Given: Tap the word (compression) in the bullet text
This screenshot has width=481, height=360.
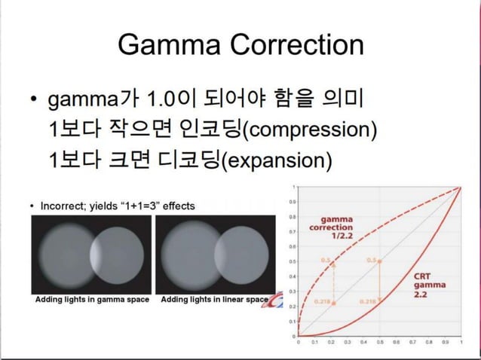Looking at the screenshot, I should tap(311, 130).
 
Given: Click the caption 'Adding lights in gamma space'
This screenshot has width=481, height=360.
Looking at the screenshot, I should tap(92, 299).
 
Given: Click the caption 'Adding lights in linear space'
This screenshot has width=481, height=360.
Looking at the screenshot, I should tap(214, 299).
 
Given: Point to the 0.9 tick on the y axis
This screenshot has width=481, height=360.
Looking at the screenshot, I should tap(293, 201).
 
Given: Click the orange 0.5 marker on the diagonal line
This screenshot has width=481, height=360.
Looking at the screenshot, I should tap(379, 261).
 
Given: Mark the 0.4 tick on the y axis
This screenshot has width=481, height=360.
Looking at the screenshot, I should tap(293, 276).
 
